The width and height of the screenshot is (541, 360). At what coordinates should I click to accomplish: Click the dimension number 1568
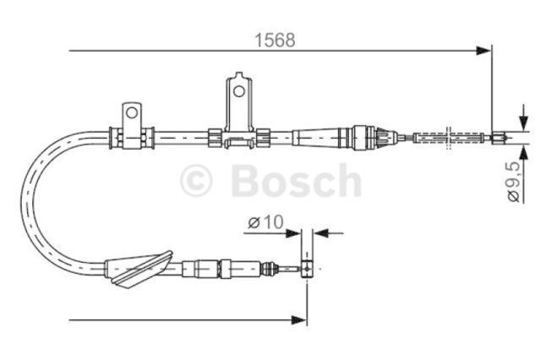tap(276, 39)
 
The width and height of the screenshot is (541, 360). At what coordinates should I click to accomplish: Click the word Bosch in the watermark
tap(295, 181)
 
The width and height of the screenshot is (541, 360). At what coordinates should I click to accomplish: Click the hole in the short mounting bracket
tap(131, 112)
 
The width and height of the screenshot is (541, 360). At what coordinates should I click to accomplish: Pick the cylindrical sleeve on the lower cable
tap(204, 270)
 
